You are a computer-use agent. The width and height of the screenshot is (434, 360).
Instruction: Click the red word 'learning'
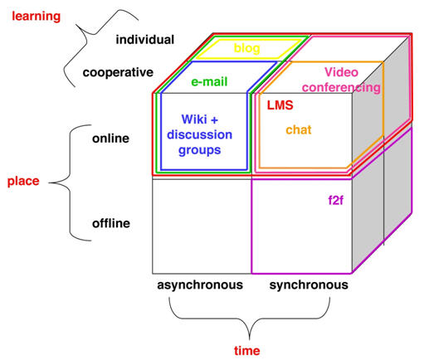coord(36,17)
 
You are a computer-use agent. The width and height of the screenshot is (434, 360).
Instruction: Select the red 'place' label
coord(23,182)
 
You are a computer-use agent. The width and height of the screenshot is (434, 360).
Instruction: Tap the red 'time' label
coord(247,351)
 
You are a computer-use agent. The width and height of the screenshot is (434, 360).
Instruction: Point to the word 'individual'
coord(145,40)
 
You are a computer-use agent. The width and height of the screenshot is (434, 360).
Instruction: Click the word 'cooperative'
coord(118,73)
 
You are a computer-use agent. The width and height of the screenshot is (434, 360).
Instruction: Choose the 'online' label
coord(110,139)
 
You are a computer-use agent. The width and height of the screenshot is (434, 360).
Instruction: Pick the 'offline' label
coord(111,223)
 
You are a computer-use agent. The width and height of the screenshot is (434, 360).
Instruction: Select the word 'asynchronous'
coord(200,285)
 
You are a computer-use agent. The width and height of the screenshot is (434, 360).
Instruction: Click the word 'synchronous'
coord(309,285)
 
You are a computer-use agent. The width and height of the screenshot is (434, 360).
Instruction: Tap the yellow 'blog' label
coord(247,48)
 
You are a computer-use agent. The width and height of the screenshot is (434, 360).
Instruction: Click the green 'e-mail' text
coord(209,82)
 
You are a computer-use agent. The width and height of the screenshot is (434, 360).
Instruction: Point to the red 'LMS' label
coord(280,105)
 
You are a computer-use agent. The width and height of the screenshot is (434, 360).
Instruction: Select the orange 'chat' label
coord(299,129)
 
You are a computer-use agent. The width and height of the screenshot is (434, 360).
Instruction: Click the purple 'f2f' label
coord(336,200)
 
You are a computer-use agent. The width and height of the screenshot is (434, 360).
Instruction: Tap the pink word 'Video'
coord(341,72)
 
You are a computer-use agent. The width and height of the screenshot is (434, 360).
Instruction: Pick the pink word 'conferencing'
coord(341,88)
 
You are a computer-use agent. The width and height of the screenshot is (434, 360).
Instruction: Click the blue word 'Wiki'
coord(194,119)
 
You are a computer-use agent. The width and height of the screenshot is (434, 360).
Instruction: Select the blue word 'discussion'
coord(199,134)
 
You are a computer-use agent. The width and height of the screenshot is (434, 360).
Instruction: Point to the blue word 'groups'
coord(199,150)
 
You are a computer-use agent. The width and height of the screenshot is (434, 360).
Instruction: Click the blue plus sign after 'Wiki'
coord(214,120)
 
